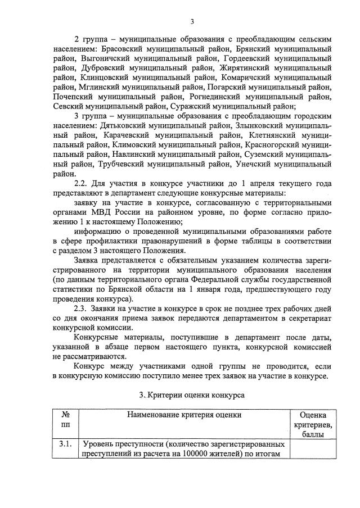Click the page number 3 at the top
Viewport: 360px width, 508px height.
point(191,22)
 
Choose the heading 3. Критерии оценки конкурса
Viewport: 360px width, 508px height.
point(191,395)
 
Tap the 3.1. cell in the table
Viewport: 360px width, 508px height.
point(66,444)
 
